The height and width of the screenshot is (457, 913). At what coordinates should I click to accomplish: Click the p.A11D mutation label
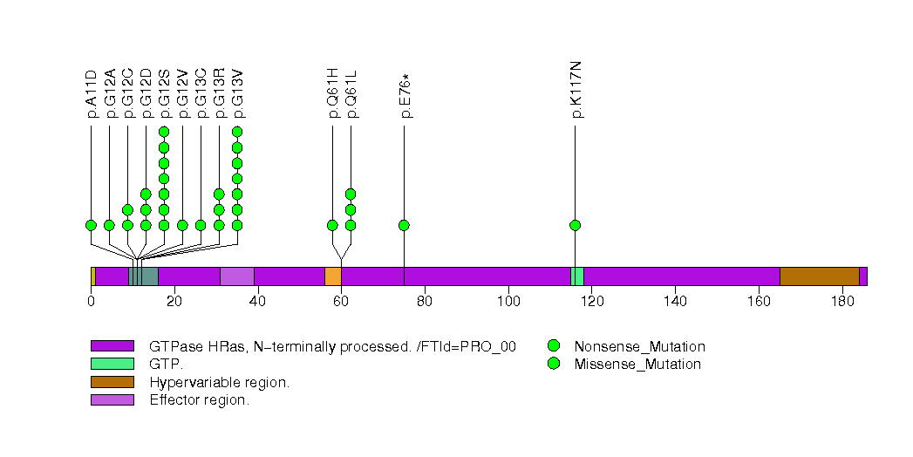click(92, 93)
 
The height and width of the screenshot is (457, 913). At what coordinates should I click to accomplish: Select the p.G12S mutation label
click(164, 93)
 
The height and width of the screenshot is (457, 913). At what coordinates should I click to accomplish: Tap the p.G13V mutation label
click(237, 93)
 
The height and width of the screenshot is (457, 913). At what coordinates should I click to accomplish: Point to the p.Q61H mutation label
click(332, 93)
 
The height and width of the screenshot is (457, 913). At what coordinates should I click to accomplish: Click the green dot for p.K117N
click(576, 225)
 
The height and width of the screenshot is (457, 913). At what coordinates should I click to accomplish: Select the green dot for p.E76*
click(404, 225)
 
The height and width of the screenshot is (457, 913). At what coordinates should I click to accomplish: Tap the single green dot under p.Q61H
click(332, 225)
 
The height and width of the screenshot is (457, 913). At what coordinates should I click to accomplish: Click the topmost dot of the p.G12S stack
click(164, 133)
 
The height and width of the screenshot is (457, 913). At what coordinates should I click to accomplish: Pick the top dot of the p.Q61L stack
click(351, 194)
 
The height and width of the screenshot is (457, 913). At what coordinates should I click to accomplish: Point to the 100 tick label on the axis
click(509, 301)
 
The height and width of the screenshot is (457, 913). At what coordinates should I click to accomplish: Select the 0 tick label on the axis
click(91, 301)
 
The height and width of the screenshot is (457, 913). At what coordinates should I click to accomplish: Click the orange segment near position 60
click(333, 276)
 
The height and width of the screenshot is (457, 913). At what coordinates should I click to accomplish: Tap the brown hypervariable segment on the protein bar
click(820, 276)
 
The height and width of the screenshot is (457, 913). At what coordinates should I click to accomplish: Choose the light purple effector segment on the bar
click(237, 276)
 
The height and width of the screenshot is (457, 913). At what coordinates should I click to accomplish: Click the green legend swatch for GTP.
click(112, 364)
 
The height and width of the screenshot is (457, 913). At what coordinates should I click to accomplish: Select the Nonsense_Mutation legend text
click(639, 347)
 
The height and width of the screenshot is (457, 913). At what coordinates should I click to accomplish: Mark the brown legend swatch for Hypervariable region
click(112, 382)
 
